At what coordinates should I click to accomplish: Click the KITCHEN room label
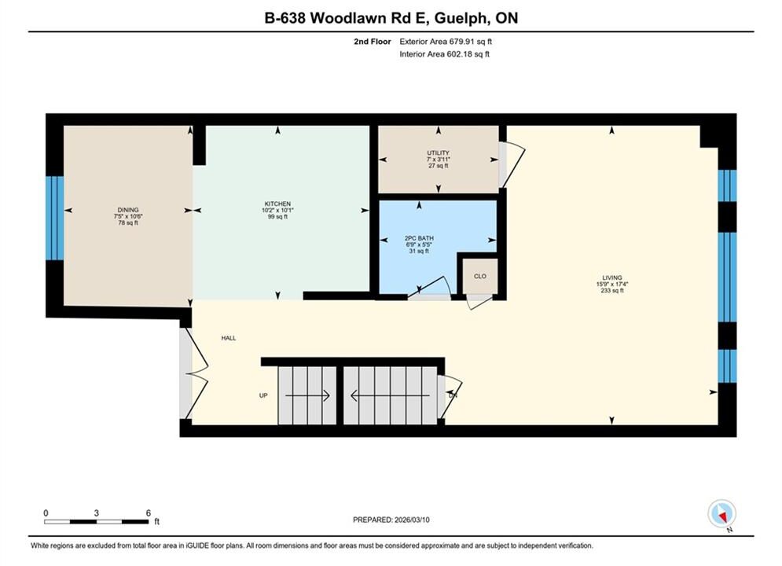[277, 204]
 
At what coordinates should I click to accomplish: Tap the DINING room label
[128, 210]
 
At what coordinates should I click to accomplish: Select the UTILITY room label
[438, 153]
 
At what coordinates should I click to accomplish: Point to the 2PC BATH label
[419, 238]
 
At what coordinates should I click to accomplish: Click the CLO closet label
[479, 276]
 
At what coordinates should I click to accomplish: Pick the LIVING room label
[612, 277]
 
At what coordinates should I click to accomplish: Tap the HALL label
[229, 338]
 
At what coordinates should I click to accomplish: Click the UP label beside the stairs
[263, 395]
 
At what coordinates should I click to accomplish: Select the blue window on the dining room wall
[54, 218]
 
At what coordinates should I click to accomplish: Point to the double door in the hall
[195, 373]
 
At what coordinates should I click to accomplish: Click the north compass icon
[721, 513]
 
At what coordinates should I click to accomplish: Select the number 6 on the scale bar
[148, 513]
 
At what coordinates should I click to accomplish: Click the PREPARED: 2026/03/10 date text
[391, 520]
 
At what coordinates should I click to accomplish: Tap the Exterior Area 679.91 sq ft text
[446, 42]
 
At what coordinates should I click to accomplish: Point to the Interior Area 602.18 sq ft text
[444, 54]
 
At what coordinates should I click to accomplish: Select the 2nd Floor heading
[373, 42]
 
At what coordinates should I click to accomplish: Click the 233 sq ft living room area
[612, 290]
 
